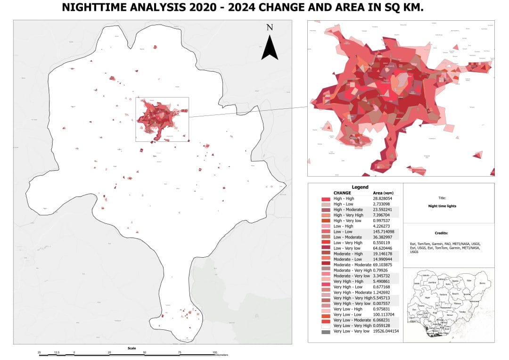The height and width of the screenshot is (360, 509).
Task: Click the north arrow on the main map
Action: [x=269, y=48]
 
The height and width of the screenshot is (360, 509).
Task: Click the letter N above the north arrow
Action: [x=270, y=27]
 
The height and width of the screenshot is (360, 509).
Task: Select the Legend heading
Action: [x=360, y=187]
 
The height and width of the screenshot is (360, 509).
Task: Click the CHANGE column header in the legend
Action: [x=342, y=193]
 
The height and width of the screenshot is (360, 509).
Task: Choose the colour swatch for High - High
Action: [x=325, y=199]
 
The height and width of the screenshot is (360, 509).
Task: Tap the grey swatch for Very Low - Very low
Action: [x=325, y=332]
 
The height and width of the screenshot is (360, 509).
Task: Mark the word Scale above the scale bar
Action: [x=131, y=348]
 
